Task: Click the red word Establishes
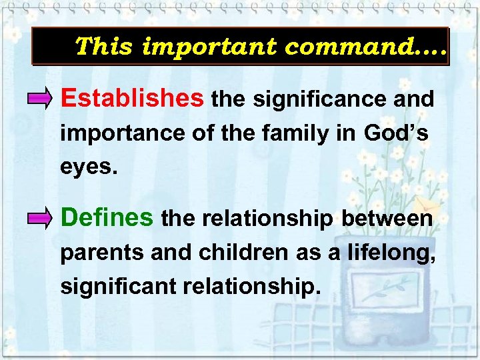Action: [x=132, y=99]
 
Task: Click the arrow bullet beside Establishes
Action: [x=41, y=101]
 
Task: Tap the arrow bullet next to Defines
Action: [x=41, y=219]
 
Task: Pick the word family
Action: [x=289, y=133]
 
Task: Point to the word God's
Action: [x=396, y=133]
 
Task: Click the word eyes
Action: [x=88, y=167]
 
